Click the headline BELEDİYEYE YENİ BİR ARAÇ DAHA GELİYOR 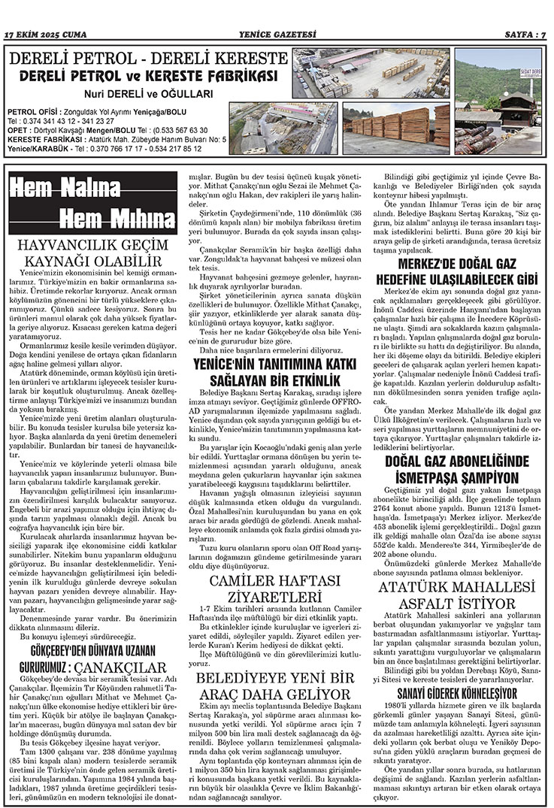click(277, 685)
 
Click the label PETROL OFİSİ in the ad click(29, 111)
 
